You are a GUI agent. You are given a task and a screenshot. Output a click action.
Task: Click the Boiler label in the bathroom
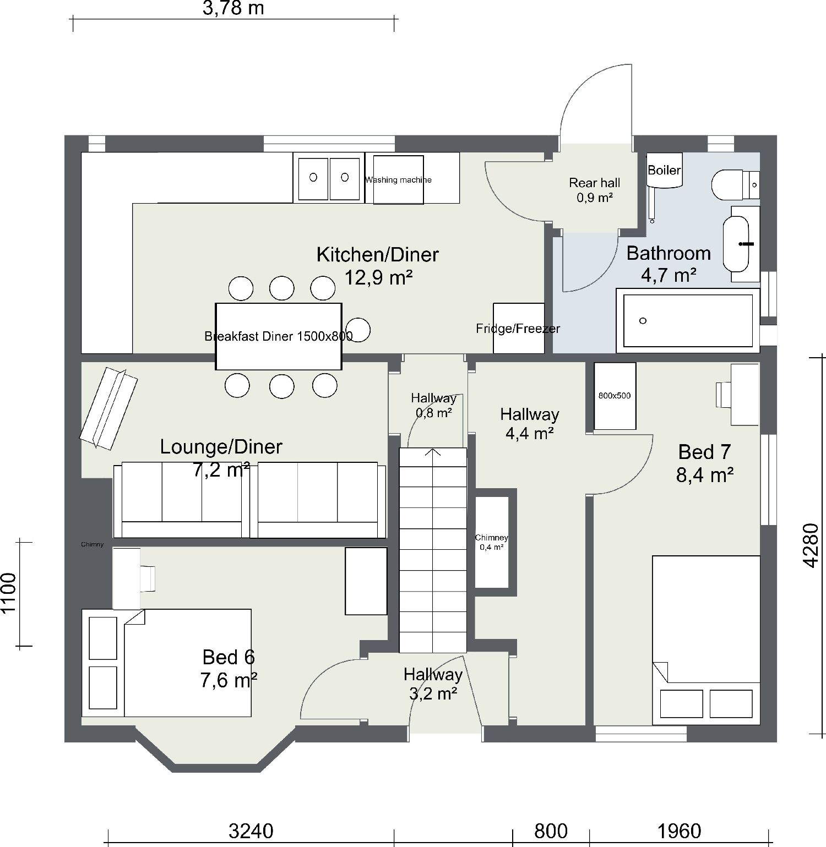(664, 170)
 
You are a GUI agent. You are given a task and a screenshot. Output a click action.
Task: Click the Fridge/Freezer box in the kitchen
(518, 329)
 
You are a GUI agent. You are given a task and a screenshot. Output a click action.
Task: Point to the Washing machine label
(398, 179)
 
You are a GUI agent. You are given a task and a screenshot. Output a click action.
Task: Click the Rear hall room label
(594, 189)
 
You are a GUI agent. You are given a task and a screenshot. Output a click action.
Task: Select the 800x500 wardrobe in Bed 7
(615, 396)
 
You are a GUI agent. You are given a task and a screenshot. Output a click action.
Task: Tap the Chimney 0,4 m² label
(491, 542)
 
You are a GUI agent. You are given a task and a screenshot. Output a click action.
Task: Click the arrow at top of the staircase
(433, 453)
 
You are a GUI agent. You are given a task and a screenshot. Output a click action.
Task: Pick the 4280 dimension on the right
(811, 545)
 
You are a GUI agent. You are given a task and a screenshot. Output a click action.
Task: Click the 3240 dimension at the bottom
(251, 830)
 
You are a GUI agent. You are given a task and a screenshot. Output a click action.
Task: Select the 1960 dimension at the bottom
(679, 830)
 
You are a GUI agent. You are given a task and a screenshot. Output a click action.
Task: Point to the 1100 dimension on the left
(9, 593)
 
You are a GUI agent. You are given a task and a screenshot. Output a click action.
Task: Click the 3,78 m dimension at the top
(233, 8)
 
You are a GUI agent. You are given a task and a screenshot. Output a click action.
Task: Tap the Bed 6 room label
(229, 668)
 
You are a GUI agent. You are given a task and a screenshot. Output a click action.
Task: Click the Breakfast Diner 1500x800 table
(279, 336)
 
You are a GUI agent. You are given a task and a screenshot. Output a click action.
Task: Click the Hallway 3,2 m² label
(433, 684)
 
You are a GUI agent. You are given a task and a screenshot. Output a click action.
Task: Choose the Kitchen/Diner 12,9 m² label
(378, 265)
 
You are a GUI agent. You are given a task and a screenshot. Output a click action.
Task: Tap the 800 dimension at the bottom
(551, 830)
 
